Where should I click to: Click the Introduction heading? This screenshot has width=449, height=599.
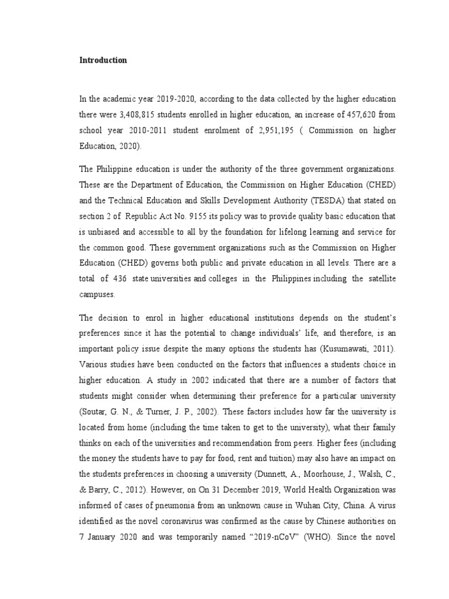click(103, 60)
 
